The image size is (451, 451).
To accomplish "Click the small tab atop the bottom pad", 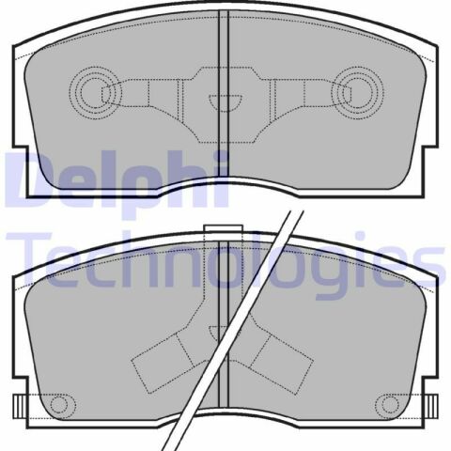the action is coord(223,229).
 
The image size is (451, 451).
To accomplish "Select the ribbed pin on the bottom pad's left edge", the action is coord(20,405).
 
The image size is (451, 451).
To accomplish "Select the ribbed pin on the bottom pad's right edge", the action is coord(431,405).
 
